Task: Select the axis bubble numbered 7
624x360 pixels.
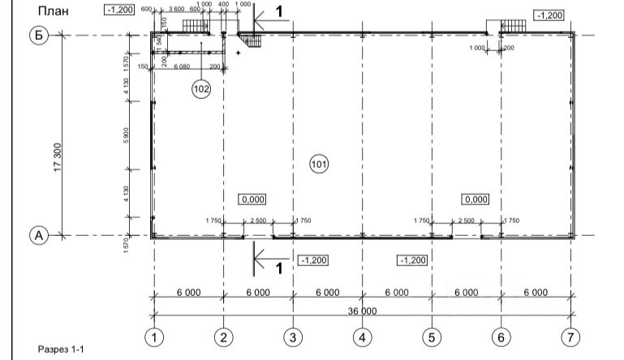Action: tap(571, 336)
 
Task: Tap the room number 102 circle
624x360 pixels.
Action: tap(201, 88)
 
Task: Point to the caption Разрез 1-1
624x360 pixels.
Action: tap(60, 349)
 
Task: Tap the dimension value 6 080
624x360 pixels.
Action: tap(182, 66)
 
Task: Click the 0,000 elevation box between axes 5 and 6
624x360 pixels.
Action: tap(475, 199)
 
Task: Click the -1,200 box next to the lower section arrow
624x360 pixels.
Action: tap(312, 260)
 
